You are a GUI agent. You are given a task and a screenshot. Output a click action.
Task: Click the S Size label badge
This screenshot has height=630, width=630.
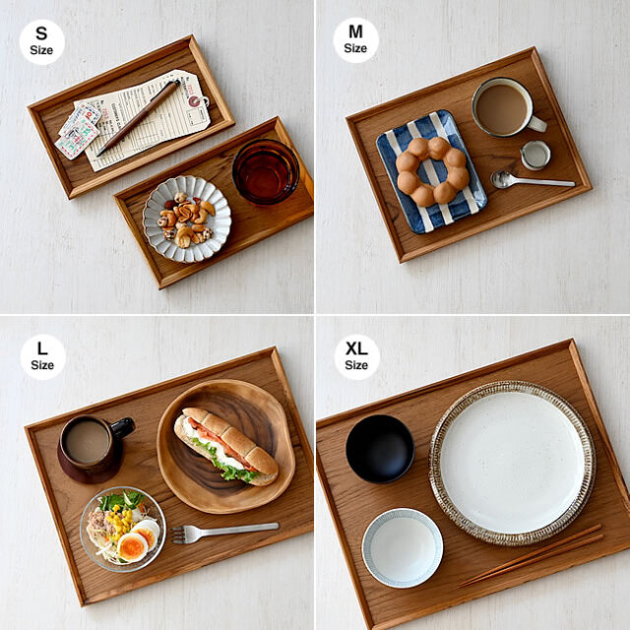[41, 41]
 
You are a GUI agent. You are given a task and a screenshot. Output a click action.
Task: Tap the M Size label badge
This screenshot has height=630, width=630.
[355, 39]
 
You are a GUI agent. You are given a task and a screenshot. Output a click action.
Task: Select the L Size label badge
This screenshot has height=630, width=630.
[42, 356]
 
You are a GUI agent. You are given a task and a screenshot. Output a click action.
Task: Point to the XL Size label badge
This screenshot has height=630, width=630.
[356, 356]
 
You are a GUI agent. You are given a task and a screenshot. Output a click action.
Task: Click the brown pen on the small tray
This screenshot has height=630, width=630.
[138, 118]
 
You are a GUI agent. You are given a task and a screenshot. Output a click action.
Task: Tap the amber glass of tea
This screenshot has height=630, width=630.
[266, 171]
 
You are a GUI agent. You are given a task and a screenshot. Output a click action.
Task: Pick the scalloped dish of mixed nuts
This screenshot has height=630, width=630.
[187, 219]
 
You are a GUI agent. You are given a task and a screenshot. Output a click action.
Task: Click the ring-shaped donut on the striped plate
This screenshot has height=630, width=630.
[432, 171]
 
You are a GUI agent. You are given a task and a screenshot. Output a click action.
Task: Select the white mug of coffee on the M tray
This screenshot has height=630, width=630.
[507, 107]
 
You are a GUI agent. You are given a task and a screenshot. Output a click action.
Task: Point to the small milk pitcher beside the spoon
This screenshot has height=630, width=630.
[535, 156]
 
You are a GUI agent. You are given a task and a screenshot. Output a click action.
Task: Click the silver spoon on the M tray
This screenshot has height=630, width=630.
[531, 180]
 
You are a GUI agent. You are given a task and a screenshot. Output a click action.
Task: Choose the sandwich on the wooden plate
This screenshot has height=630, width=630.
[225, 444]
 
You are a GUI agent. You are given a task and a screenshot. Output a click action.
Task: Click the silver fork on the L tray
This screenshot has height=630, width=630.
[224, 533]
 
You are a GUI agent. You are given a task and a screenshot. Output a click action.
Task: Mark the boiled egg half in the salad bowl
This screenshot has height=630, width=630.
[133, 547]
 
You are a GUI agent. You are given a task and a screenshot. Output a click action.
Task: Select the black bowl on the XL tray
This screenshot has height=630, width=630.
[380, 449]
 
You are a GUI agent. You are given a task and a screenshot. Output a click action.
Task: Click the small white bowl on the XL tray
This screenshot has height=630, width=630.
[403, 547]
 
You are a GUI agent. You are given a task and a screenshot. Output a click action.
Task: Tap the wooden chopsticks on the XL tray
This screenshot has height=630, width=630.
[532, 555]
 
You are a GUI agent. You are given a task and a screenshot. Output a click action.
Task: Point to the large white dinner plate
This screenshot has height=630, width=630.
[512, 463]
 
